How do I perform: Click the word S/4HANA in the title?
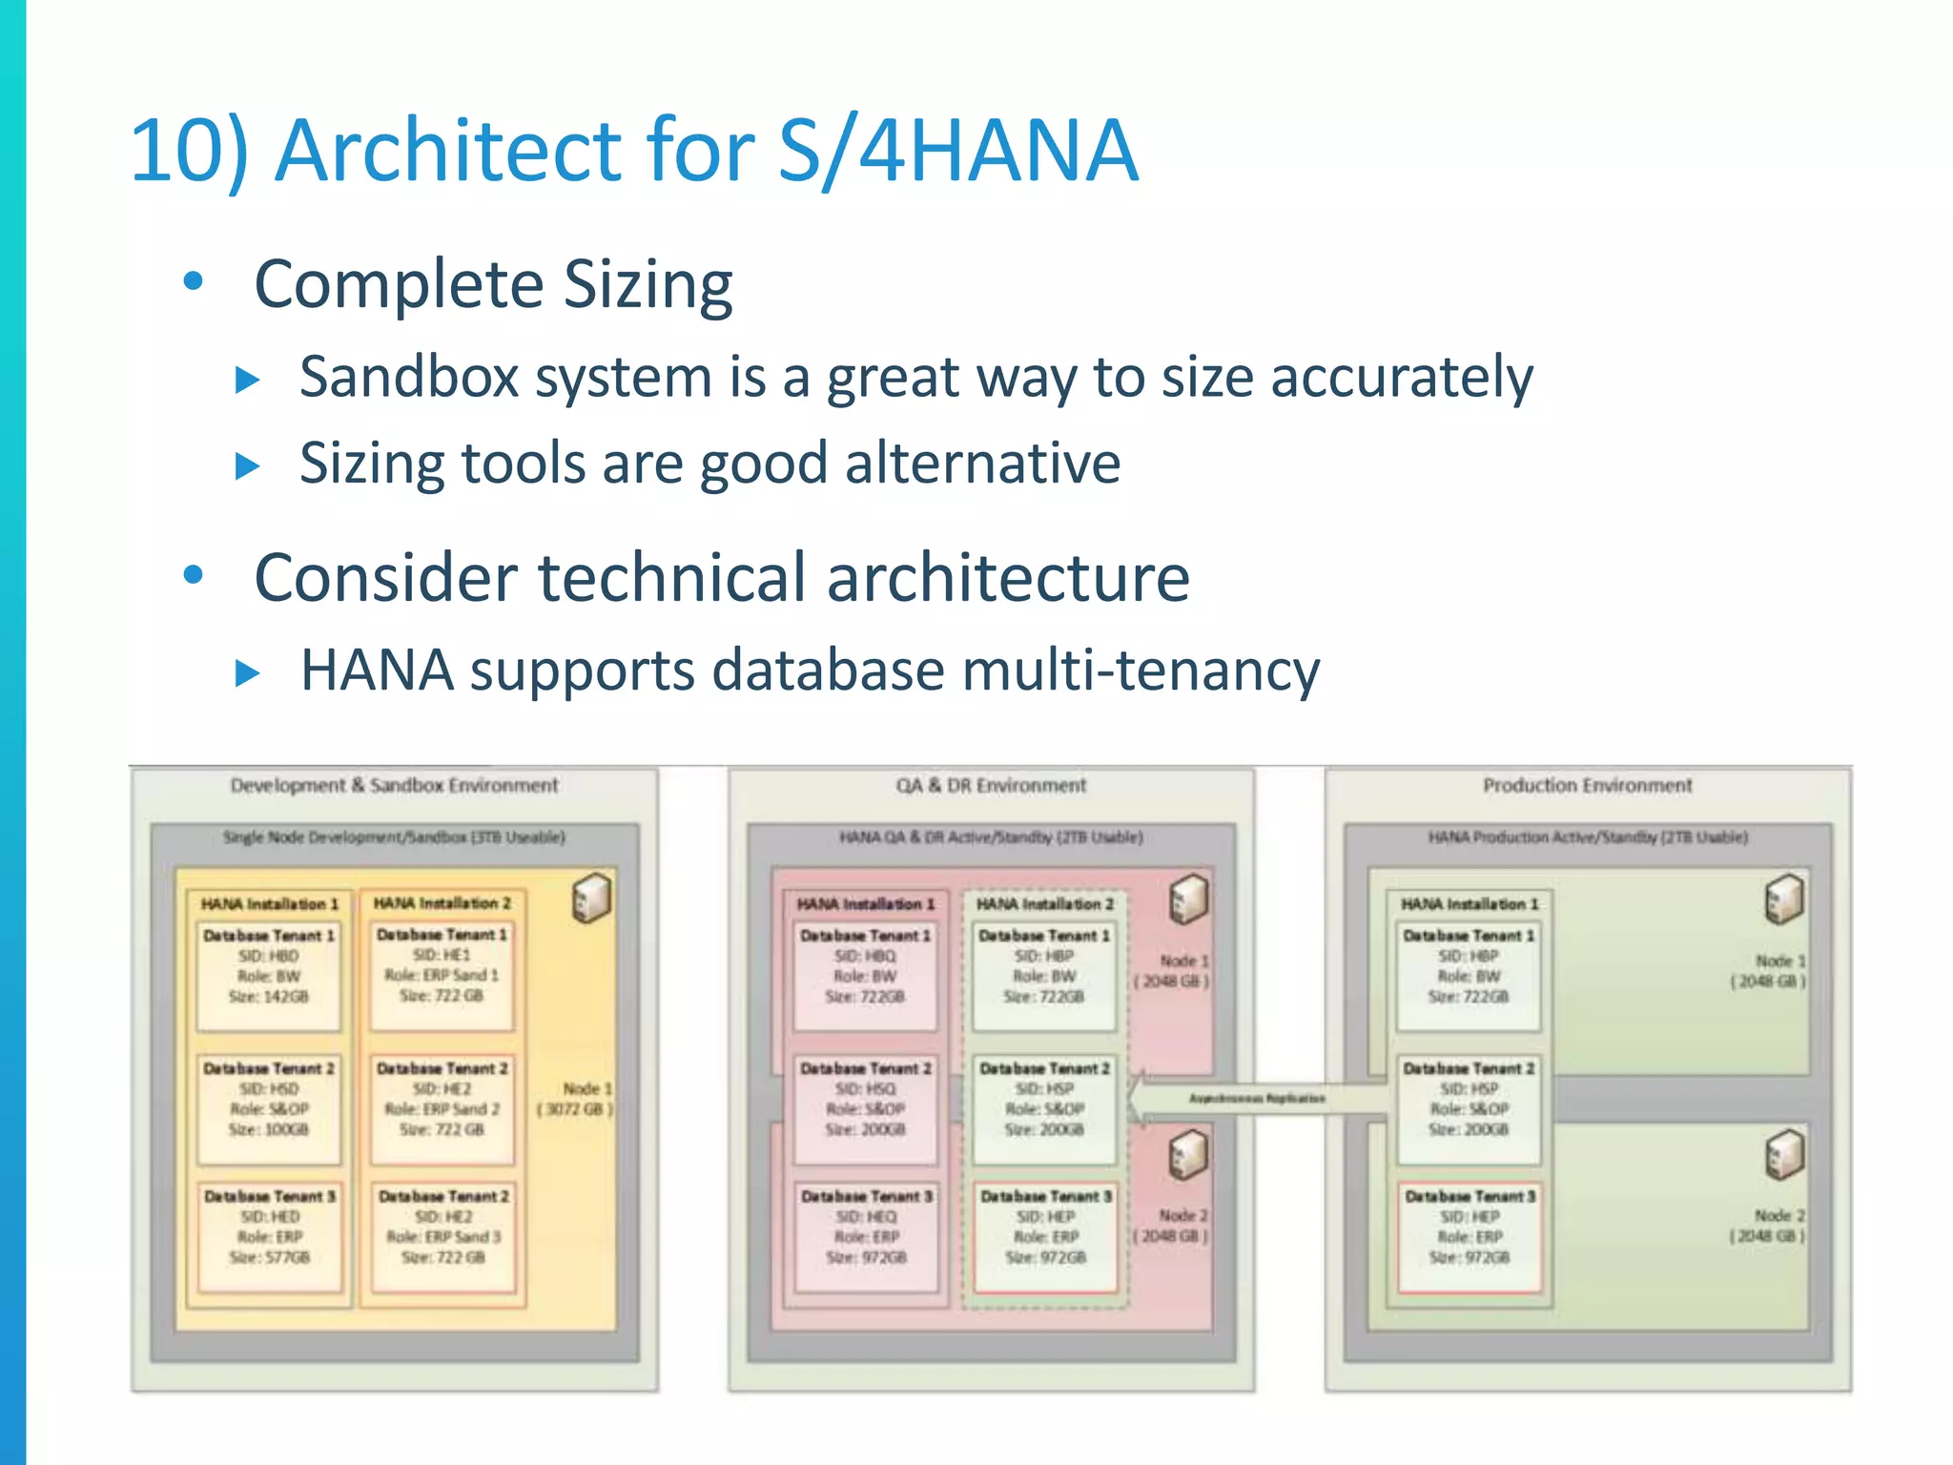pos(957,150)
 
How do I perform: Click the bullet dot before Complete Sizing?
pos(194,281)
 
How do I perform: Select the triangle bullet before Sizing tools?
pos(248,465)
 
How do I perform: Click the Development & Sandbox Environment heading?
pos(394,785)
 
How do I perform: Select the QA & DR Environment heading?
pos(990,785)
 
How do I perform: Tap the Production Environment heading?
pos(1587,785)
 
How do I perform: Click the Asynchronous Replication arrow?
pos(1257,1099)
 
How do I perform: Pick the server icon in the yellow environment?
pos(591,898)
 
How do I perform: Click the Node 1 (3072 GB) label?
pos(577,1099)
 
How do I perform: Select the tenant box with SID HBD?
pos(268,975)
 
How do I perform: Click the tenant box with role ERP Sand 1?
pos(442,975)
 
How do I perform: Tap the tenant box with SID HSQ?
pos(864,1108)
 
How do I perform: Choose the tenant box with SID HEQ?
pos(866,1236)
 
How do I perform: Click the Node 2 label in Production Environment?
pos(1768,1226)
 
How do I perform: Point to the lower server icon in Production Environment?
pos(1784,1153)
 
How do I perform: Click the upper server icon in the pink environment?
pos(1188,898)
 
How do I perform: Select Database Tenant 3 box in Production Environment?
pos(1469,1236)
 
